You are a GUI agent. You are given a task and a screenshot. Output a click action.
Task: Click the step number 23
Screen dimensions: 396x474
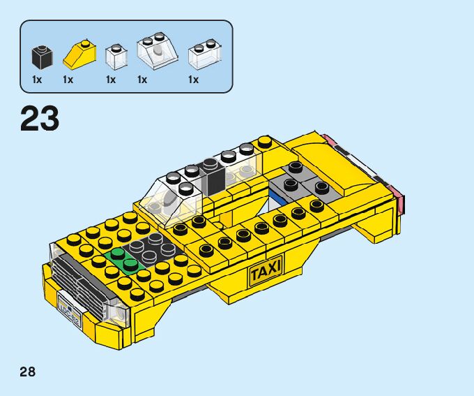click(x=40, y=119)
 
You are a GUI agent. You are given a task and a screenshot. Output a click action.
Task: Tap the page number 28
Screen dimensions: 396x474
click(x=27, y=371)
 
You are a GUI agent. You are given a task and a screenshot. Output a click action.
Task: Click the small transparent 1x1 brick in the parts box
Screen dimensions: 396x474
click(x=115, y=56)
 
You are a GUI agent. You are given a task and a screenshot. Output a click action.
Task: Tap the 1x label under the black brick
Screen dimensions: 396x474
click(x=37, y=80)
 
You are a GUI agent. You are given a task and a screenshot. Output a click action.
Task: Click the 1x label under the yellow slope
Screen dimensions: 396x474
click(x=68, y=80)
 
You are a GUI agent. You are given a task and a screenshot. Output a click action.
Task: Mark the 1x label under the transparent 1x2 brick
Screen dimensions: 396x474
click(x=193, y=80)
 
